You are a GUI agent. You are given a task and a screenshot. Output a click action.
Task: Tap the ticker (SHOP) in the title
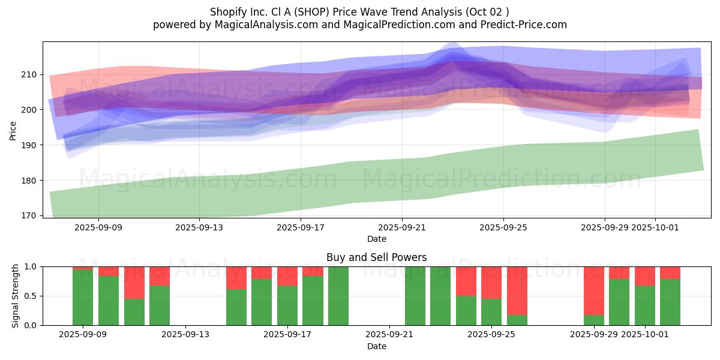(318, 12)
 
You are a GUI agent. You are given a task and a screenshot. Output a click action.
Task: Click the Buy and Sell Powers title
(376, 257)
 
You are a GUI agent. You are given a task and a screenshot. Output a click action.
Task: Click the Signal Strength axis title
(16, 296)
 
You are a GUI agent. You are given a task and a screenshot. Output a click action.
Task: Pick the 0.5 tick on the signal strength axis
(30, 296)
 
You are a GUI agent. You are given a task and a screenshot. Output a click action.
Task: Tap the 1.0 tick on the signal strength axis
(30, 266)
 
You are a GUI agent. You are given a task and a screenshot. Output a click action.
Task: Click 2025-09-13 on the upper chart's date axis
(199, 227)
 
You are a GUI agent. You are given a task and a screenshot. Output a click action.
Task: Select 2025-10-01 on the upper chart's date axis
(655, 227)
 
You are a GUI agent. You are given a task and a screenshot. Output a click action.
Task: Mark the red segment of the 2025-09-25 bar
(491, 282)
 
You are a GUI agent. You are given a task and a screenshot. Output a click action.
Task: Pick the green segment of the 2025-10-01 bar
(645, 305)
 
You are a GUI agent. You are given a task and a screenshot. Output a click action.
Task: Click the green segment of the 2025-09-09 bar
(83, 298)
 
